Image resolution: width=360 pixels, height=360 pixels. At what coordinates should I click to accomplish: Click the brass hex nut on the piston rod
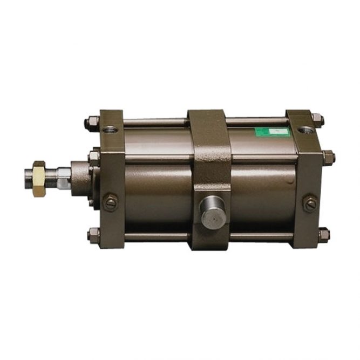[39, 179]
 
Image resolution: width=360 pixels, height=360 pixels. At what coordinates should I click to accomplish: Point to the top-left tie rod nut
[91, 123]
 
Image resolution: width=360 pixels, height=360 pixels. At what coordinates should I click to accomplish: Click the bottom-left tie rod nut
[93, 234]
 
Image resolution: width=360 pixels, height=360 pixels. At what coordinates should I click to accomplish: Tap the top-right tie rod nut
[317, 120]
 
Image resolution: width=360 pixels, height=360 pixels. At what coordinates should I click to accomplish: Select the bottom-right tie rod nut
[323, 235]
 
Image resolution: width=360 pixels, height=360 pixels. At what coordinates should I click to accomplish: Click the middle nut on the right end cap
[328, 158]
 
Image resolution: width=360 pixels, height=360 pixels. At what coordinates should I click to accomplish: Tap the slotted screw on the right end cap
[310, 203]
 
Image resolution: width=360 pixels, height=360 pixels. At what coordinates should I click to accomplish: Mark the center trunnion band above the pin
[209, 151]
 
